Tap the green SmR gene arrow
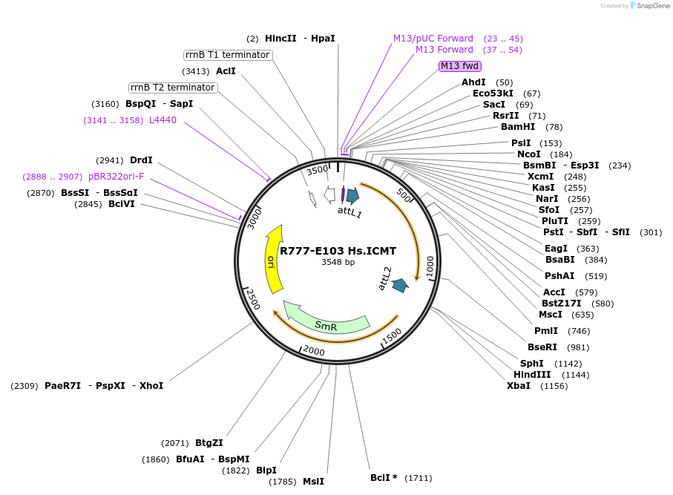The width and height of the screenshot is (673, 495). coord(326,324)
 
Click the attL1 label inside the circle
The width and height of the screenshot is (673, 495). coord(349,213)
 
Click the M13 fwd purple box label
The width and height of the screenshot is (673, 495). coord(460,66)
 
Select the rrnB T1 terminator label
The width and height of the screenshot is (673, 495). coord(228,55)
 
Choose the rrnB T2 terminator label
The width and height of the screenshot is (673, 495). coord(173,88)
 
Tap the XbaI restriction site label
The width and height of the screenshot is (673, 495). coord(519,386)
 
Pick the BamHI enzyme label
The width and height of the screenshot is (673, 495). coord(518,127)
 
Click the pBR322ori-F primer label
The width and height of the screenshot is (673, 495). coord(116,177)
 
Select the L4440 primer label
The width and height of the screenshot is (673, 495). coord(163,119)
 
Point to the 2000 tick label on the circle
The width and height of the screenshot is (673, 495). coord(314,351)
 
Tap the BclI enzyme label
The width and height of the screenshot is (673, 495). coord(384,478)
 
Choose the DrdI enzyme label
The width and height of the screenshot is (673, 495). coord(141,160)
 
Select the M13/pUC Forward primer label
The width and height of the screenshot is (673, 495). coord(433,39)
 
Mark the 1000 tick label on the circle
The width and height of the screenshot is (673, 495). coord(430,264)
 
